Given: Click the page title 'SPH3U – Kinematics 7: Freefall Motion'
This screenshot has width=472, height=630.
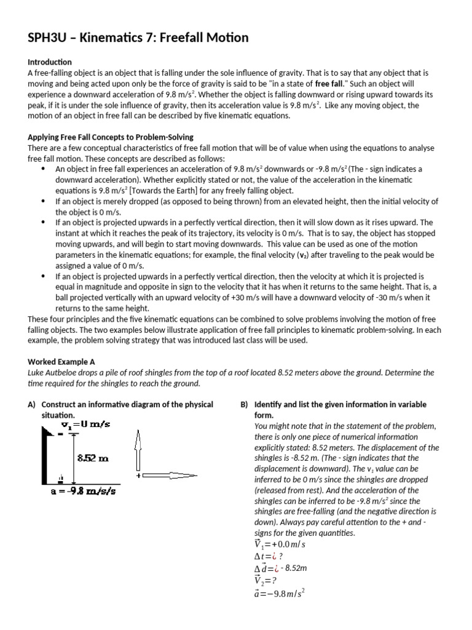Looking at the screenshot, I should pyautogui.click(x=138, y=38).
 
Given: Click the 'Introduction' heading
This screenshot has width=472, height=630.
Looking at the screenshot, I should pyautogui.click(x=50, y=62).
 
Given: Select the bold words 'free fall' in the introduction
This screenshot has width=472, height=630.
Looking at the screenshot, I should pyautogui.click(x=329, y=84).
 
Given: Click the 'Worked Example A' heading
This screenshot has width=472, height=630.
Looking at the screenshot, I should pyautogui.click(x=61, y=362).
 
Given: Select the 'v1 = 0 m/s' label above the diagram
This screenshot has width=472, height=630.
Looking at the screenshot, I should pyautogui.click(x=85, y=425).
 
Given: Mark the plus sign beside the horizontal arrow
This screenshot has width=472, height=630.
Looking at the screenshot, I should pyautogui.click(x=139, y=476).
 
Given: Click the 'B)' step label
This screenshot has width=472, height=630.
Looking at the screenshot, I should pyautogui.click(x=244, y=404).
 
